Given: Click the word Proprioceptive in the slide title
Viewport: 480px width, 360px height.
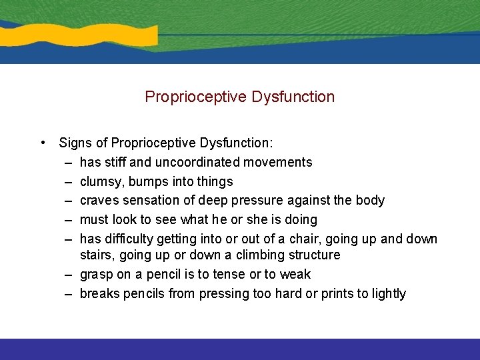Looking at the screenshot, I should (197, 97).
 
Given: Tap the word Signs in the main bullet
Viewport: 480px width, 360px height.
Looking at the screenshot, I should (75, 143).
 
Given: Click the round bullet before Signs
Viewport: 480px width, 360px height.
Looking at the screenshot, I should (42, 143).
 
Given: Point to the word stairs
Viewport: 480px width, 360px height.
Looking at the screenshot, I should (96, 255).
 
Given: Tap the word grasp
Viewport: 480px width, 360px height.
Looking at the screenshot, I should (96, 274).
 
